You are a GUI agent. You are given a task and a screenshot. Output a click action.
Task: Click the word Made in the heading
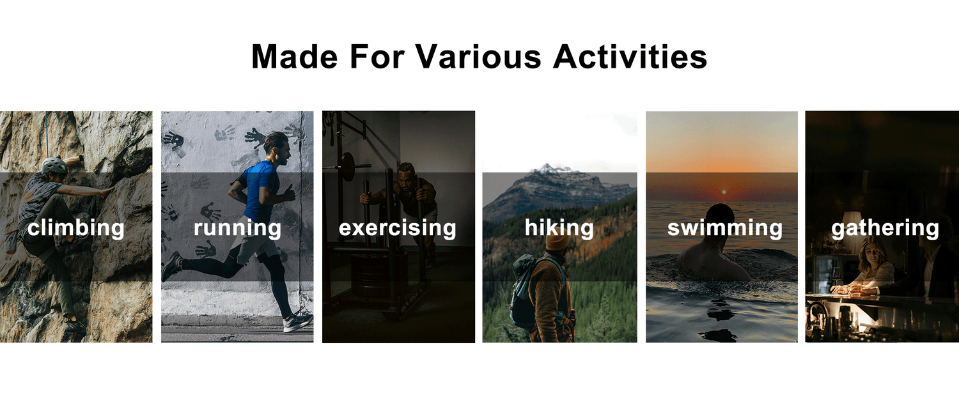[x=295, y=56]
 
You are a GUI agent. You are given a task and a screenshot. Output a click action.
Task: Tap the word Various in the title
[x=478, y=56]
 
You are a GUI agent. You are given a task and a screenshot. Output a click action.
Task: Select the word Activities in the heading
[x=630, y=56]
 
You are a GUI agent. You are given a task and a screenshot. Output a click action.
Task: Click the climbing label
[x=76, y=228]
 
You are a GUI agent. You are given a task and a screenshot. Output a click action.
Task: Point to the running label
[x=237, y=228]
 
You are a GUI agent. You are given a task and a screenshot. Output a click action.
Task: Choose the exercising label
[x=397, y=228]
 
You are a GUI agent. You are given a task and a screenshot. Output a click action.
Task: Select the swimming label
[x=725, y=228]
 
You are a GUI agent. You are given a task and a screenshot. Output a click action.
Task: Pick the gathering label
[x=885, y=228]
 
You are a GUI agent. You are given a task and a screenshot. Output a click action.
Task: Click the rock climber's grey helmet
[x=54, y=165]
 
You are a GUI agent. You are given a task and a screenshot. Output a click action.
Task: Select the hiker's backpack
[x=527, y=291]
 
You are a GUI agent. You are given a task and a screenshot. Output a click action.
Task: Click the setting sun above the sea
[x=724, y=192]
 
